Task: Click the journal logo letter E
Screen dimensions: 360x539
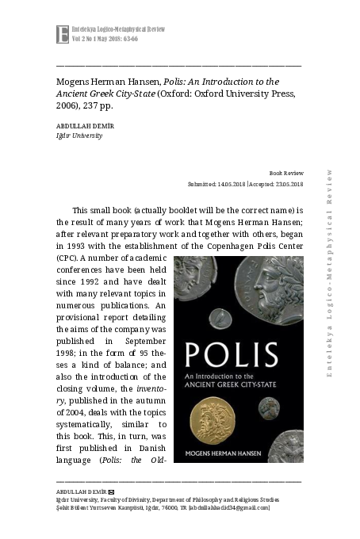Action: [63, 34]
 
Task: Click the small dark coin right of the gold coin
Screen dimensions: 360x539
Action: [269, 407]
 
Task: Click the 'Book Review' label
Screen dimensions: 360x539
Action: [286, 172]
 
